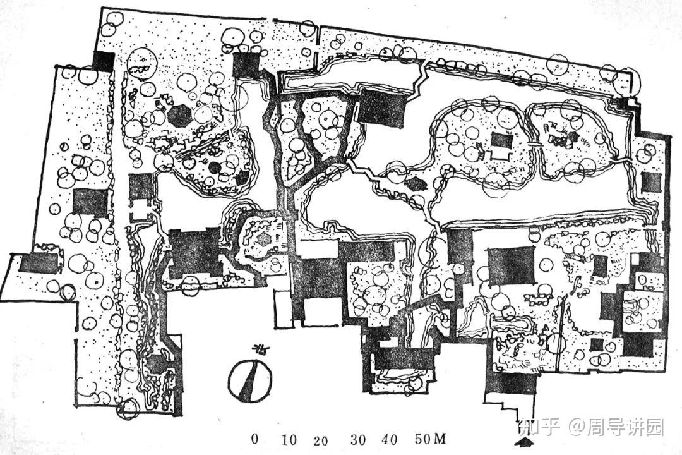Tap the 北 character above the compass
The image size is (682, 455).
coord(258,349)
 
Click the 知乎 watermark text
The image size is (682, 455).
coord(539,427)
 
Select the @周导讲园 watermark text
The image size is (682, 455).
coord(616,427)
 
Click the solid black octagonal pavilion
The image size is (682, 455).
coord(179,116)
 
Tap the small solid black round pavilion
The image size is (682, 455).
coord(215,167)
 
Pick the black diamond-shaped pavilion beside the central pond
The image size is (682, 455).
coord(415,185)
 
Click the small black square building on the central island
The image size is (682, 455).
coord(501,140)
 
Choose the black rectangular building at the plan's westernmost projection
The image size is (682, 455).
coord(38,263)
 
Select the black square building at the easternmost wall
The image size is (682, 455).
coord(651,182)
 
